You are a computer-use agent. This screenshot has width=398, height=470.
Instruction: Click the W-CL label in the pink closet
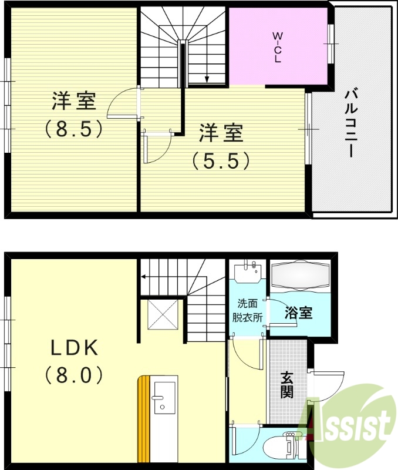click(x=277, y=47)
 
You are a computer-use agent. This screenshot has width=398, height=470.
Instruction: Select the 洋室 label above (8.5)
click(x=74, y=102)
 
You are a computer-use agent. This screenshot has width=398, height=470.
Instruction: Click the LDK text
click(x=73, y=348)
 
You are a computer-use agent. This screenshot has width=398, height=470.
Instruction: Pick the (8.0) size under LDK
click(x=74, y=374)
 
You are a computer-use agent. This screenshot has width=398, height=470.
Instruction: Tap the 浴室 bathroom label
click(x=298, y=313)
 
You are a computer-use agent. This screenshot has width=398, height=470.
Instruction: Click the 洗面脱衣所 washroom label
click(x=248, y=311)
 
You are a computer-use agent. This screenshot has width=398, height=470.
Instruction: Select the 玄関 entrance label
click(x=287, y=385)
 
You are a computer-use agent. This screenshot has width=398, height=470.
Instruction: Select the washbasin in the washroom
click(x=248, y=274)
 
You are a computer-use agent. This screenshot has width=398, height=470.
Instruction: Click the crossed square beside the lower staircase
click(x=163, y=315)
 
